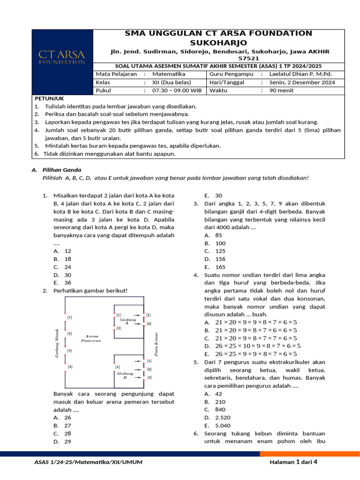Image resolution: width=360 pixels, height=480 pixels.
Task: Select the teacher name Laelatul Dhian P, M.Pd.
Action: [x=300, y=74]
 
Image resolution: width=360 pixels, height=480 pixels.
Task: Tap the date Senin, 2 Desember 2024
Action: [x=302, y=82]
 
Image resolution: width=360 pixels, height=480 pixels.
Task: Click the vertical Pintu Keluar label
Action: [x=155, y=345]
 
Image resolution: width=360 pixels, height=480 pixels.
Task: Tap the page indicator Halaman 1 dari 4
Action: [x=293, y=462]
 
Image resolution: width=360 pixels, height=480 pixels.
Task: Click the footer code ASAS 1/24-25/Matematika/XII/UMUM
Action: [x=89, y=463]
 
